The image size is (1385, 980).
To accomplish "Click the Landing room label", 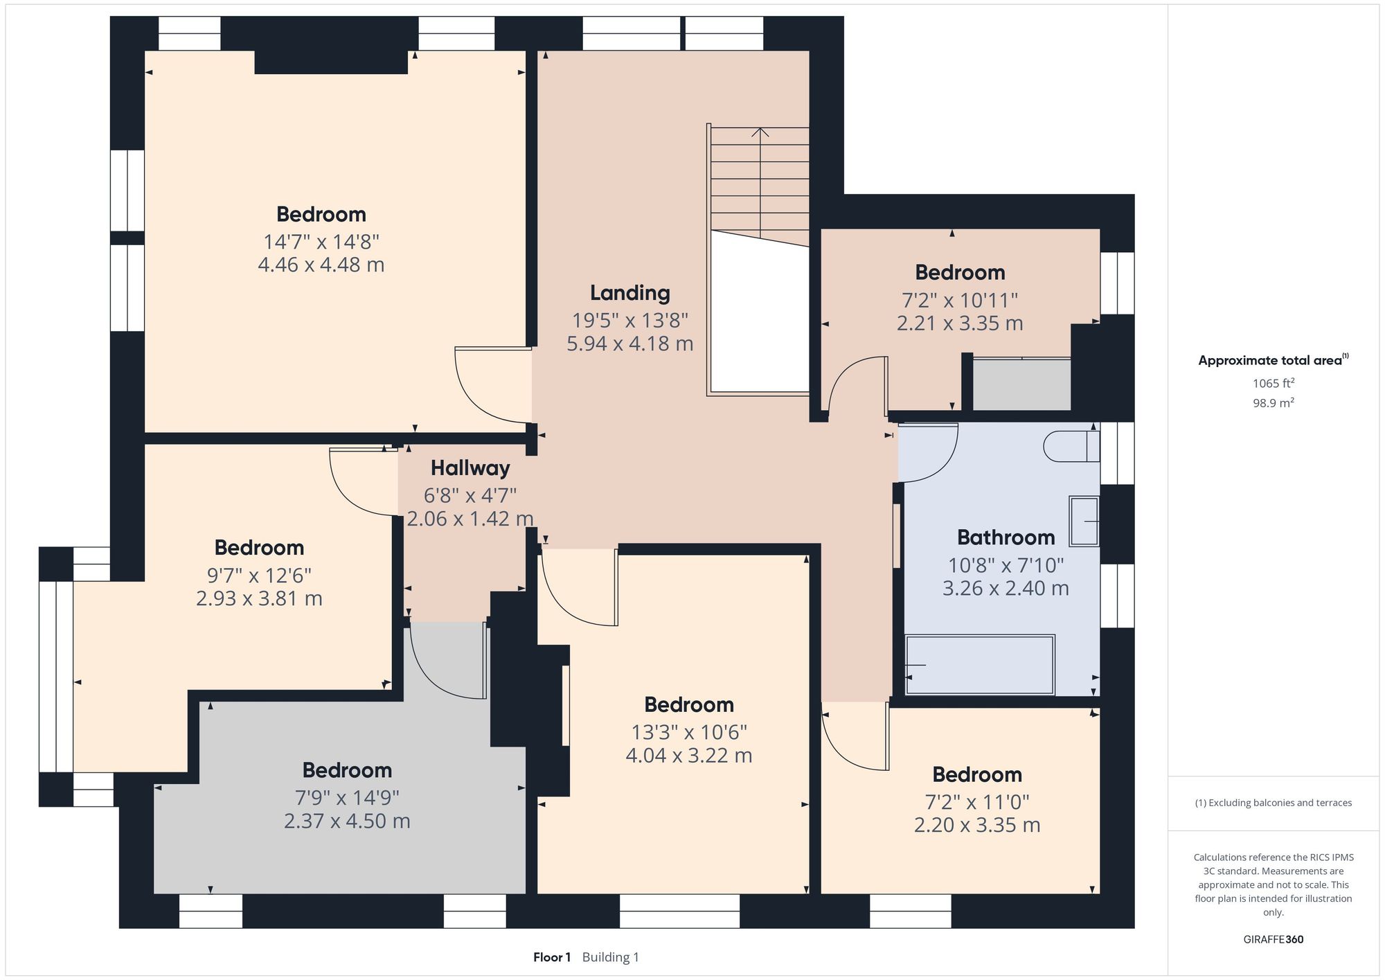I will point(629,293).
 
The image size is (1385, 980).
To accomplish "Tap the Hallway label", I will point(470,468).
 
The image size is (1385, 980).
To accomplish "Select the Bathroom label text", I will point(1006,537).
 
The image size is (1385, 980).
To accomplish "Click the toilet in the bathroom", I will point(1071,446).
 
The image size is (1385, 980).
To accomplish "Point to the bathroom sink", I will point(1084,522).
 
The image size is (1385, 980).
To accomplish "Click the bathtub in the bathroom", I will point(979,665).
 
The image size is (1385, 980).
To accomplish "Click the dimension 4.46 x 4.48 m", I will point(321,265).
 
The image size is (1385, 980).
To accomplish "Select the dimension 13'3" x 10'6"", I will point(688,732).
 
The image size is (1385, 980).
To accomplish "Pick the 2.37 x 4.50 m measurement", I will point(346,821).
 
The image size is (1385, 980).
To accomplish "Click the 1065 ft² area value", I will point(1273,383).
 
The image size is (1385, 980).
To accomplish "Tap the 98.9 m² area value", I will point(1273,403).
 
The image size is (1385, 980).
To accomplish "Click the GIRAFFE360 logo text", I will point(1273,939).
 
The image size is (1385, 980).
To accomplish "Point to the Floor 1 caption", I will point(551,957).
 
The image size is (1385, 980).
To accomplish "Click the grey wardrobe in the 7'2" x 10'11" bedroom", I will point(1021,384).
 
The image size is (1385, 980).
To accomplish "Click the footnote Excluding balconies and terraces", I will point(1273,803).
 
